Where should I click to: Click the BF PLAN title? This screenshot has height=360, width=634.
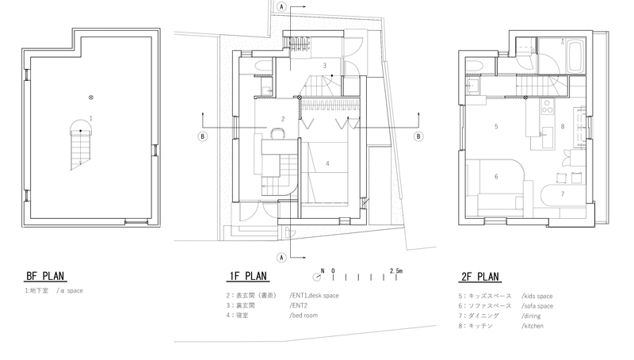45,276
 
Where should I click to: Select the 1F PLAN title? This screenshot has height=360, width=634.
248,276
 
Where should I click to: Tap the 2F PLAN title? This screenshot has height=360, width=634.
480,277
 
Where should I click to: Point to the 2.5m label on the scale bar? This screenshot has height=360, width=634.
396,270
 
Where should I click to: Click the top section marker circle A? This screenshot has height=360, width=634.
282,7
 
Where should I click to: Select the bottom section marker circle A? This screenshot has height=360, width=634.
282,257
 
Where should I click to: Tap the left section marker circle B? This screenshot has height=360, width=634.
203,136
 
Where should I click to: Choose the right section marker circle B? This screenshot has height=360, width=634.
418,136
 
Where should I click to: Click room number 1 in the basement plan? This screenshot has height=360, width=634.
91,118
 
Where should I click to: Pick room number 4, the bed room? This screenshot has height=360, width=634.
327,163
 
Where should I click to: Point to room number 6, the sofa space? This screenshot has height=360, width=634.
496,176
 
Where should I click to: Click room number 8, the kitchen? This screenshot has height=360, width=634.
563,126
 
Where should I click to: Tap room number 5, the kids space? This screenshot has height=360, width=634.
496,126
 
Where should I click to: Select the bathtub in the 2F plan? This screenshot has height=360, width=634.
575,56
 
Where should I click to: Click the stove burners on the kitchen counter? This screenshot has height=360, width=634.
548,107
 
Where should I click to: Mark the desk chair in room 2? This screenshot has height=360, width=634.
277,133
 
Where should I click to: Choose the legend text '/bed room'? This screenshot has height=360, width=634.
304,315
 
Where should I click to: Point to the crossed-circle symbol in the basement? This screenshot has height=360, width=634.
91,98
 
